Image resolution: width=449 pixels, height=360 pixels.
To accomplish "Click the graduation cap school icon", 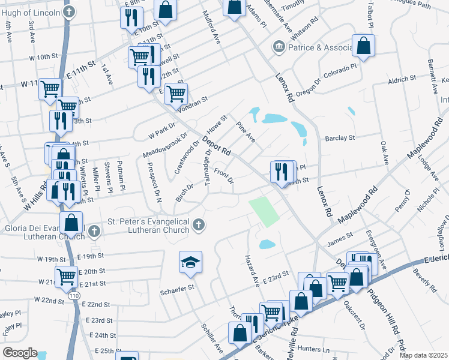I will pos(190,262).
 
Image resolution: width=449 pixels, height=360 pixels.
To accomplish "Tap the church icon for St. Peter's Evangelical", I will pos(199,226).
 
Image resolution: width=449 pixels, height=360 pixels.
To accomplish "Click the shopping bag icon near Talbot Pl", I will pos(363,45).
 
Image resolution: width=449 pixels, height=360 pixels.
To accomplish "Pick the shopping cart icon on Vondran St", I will pos(176,93).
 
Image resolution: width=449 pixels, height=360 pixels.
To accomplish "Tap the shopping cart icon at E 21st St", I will pos(66,276).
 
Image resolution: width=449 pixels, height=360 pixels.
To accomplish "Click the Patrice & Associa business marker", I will pos(278,47).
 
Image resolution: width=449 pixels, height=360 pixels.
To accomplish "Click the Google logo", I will pos(20,353).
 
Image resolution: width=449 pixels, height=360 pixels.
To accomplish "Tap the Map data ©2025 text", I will pos(423,355).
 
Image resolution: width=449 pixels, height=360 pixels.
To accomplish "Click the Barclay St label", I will pos(340,138).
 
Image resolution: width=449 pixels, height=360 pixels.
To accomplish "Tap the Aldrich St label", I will pos(402,79).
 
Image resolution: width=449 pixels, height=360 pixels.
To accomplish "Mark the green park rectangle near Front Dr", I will pos(265,212).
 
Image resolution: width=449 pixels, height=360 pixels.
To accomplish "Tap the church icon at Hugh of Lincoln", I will pos(70,12).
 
